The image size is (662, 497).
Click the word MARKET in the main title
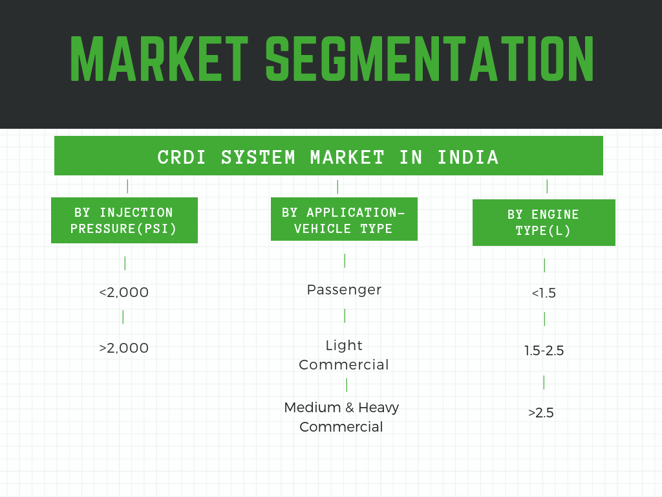click(159, 58)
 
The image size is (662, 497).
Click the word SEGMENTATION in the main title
click(430, 58)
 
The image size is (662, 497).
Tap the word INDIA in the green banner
click(468, 157)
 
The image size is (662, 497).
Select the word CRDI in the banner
click(181, 157)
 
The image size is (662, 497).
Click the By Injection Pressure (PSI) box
click(124, 220)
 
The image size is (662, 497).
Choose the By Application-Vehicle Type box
click(344, 219)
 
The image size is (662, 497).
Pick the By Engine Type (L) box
click(544, 223)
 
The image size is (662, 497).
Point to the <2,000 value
click(123, 292)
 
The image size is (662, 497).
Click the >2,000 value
click(123, 348)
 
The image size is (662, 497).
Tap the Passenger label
click(344, 290)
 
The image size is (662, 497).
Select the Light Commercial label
click(344, 355)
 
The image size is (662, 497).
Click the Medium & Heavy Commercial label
click(341, 417)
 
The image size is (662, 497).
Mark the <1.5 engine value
click(544, 293)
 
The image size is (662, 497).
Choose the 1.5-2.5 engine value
click(544, 350)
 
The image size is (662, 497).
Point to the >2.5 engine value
click(541, 412)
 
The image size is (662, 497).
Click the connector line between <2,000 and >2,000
click(123, 317)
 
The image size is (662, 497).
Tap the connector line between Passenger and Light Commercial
click(345, 316)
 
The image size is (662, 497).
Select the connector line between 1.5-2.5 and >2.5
click(544, 382)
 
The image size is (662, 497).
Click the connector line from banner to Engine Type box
click(547, 186)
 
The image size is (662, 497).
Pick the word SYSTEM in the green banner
click(258, 157)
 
